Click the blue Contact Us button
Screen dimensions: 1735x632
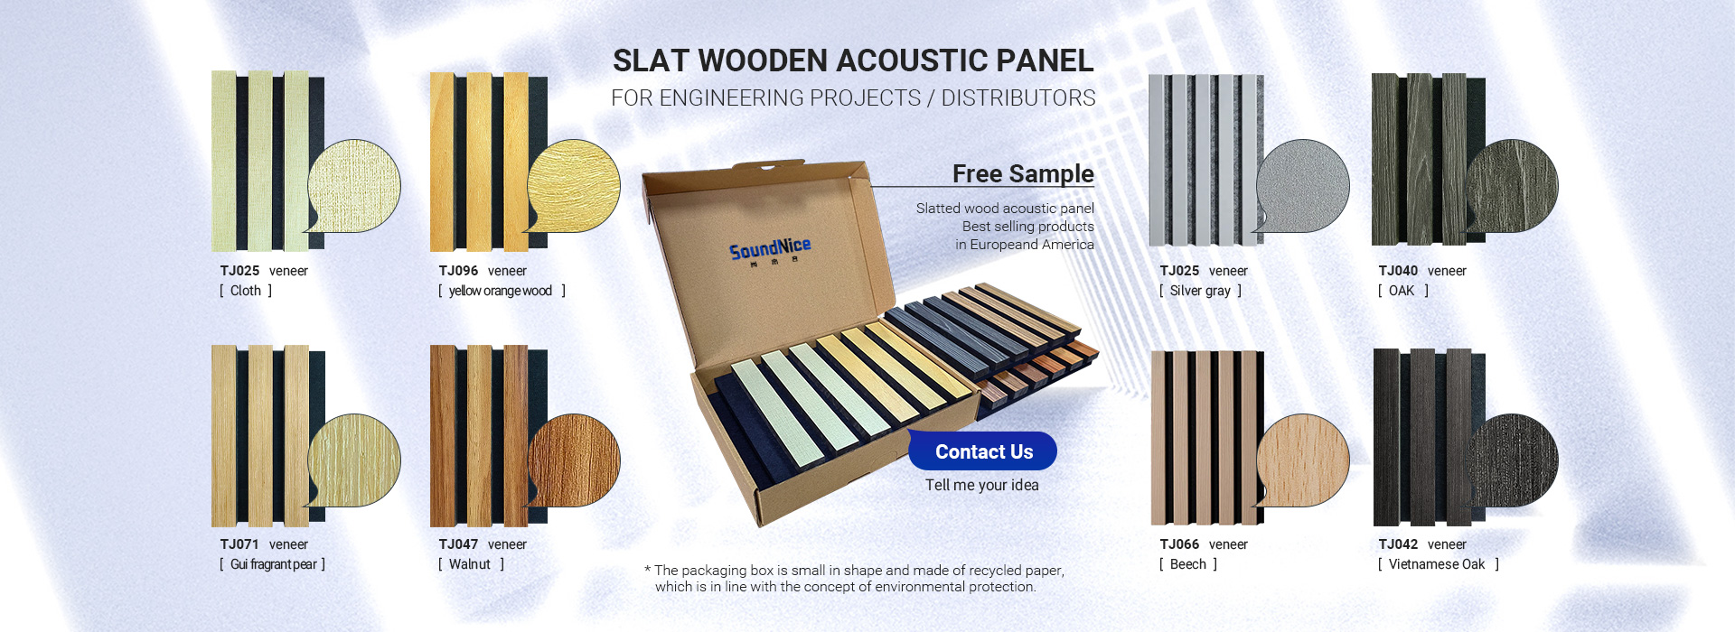click(x=982, y=451)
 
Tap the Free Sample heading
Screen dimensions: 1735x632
click(x=1023, y=173)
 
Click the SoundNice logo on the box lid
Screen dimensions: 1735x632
click(x=770, y=248)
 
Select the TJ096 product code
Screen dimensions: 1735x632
click(x=458, y=271)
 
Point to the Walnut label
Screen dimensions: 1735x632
click(x=470, y=564)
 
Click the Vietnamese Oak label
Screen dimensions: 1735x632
click(x=1437, y=564)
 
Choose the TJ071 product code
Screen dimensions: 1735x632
click(x=239, y=544)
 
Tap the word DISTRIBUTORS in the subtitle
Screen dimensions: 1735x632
click(x=1018, y=98)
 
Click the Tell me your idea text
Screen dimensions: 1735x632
click(x=982, y=485)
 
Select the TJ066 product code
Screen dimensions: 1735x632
click(x=1179, y=544)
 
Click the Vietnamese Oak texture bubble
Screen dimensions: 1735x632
click(x=1513, y=461)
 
